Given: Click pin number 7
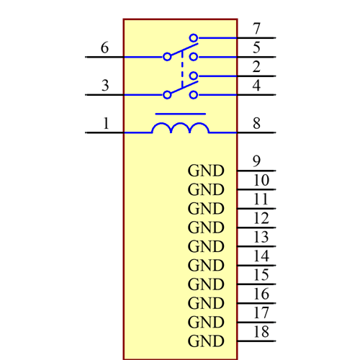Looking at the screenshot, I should tap(257, 29).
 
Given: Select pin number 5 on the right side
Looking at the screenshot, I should tap(257, 48).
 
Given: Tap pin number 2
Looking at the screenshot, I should tap(257, 67).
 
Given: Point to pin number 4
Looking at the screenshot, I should tap(257, 86).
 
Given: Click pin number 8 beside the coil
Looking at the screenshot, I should tap(257, 123).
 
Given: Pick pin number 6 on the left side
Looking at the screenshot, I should tap(105, 48).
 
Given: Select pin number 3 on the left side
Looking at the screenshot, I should tap(105, 86).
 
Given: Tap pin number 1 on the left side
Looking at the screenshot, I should tap(106, 123).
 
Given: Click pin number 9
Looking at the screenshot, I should tap(257, 161).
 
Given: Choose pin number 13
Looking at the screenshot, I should tap(261, 237).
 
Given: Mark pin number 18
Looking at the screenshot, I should tap(261, 331).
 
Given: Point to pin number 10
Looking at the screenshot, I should tap(261, 180).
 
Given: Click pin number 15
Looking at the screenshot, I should tap(261, 274).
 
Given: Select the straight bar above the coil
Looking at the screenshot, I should tap(180, 114).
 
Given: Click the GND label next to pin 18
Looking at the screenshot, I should tap(206, 341).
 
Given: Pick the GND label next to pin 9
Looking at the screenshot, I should tap(206, 171).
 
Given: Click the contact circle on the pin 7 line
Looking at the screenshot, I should tap(194, 37).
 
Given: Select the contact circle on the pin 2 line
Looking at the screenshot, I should tap(194, 76).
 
